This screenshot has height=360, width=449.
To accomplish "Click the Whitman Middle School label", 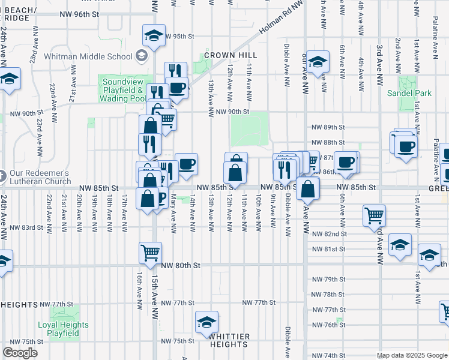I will [x=89, y=56].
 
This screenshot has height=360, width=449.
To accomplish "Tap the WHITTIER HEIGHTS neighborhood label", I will [x=229, y=340].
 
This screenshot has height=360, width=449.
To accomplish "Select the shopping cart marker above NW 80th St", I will [x=149, y=251].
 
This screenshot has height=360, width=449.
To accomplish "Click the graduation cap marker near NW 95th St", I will [x=154, y=34].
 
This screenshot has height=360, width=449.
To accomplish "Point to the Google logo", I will [x=20, y=353].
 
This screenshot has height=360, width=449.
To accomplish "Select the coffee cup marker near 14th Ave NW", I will [x=187, y=164].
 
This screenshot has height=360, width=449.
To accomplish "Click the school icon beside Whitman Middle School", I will [x=142, y=56].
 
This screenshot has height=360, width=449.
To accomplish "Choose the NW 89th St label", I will [x=328, y=127].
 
